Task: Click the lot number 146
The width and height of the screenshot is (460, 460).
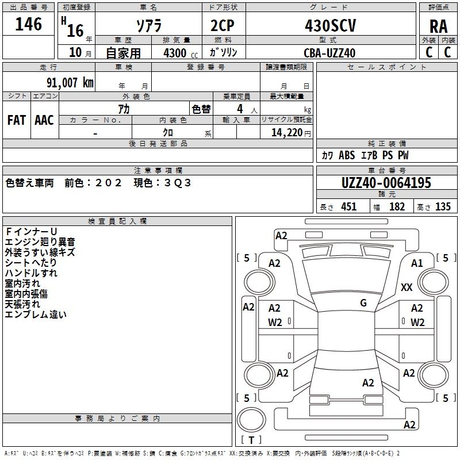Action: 29,24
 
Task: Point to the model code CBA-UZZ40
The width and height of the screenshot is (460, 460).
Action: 329,53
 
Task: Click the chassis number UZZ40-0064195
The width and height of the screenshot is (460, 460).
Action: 386,183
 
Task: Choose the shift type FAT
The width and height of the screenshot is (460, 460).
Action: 16,120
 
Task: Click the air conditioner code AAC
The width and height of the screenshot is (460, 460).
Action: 44,120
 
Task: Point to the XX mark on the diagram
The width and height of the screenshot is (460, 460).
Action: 407,287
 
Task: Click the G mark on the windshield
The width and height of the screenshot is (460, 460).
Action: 363,303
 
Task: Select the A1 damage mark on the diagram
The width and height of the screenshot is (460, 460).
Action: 417,263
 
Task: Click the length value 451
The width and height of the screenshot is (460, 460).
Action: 349,207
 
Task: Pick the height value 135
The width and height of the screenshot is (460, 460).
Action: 443,207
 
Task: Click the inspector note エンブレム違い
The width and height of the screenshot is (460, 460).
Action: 36,315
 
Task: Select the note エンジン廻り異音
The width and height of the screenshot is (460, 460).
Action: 40,242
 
